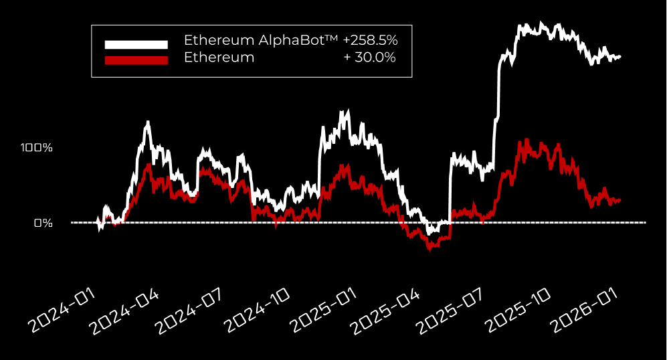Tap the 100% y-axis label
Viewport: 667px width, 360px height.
pos(37,147)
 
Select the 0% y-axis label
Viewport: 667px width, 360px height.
pos(43,223)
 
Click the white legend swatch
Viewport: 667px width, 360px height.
pos(136,45)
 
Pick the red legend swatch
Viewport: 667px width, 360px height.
pos(136,60)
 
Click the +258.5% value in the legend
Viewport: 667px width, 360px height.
pos(370,40)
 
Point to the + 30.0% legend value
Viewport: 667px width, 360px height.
pos(369,58)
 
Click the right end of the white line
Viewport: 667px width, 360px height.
pos(620,57)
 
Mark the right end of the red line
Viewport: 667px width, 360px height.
pos(620,199)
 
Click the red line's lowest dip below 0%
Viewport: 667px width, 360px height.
pos(430,249)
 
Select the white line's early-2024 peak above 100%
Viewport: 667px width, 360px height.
pos(147,122)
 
